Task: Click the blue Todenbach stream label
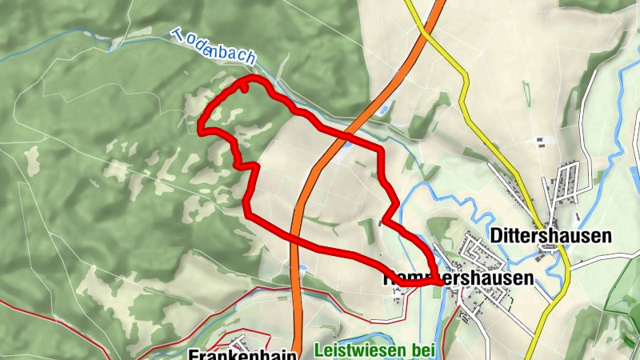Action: [x=213, y=46]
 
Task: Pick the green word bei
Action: [x=422, y=350]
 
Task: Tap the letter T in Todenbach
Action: [x=178, y=34]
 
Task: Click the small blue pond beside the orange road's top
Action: [x=389, y=107]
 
